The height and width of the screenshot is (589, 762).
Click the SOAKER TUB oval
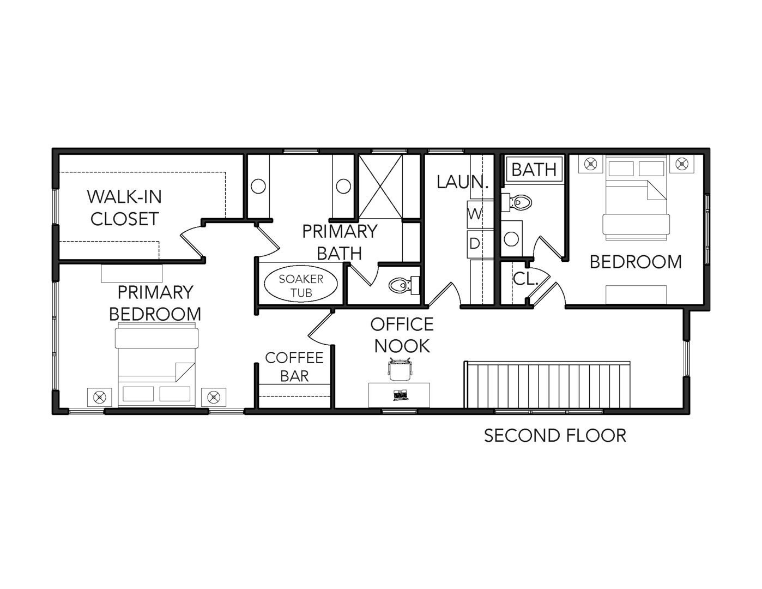[300, 286]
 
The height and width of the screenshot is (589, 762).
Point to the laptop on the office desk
[400, 395]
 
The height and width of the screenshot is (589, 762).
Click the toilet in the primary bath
[404, 285]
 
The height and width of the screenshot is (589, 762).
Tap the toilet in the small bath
[516, 202]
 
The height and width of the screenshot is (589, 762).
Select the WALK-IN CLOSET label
[124, 207]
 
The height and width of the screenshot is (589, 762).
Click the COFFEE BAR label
[294, 367]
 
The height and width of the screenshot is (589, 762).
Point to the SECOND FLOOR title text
[555, 436]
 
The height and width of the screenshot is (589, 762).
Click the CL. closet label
[525, 279]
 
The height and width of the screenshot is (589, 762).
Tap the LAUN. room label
[463, 182]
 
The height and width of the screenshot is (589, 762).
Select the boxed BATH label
[534, 170]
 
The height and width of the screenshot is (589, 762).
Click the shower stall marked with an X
[380, 187]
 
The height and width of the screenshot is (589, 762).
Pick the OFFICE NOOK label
[402, 335]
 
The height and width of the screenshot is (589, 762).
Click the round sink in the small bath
[511, 239]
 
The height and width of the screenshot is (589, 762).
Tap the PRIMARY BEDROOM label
[155, 303]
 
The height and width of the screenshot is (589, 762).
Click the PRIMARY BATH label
[340, 242]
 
